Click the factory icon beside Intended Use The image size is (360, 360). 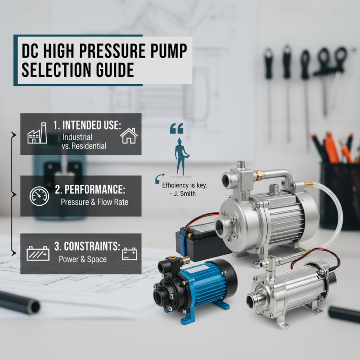click(37, 133)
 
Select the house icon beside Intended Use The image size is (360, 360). click(129, 135)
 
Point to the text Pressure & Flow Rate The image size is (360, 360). click(94, 202)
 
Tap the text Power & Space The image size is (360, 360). click(83, 260)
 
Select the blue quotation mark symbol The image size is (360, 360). click(177, 129)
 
